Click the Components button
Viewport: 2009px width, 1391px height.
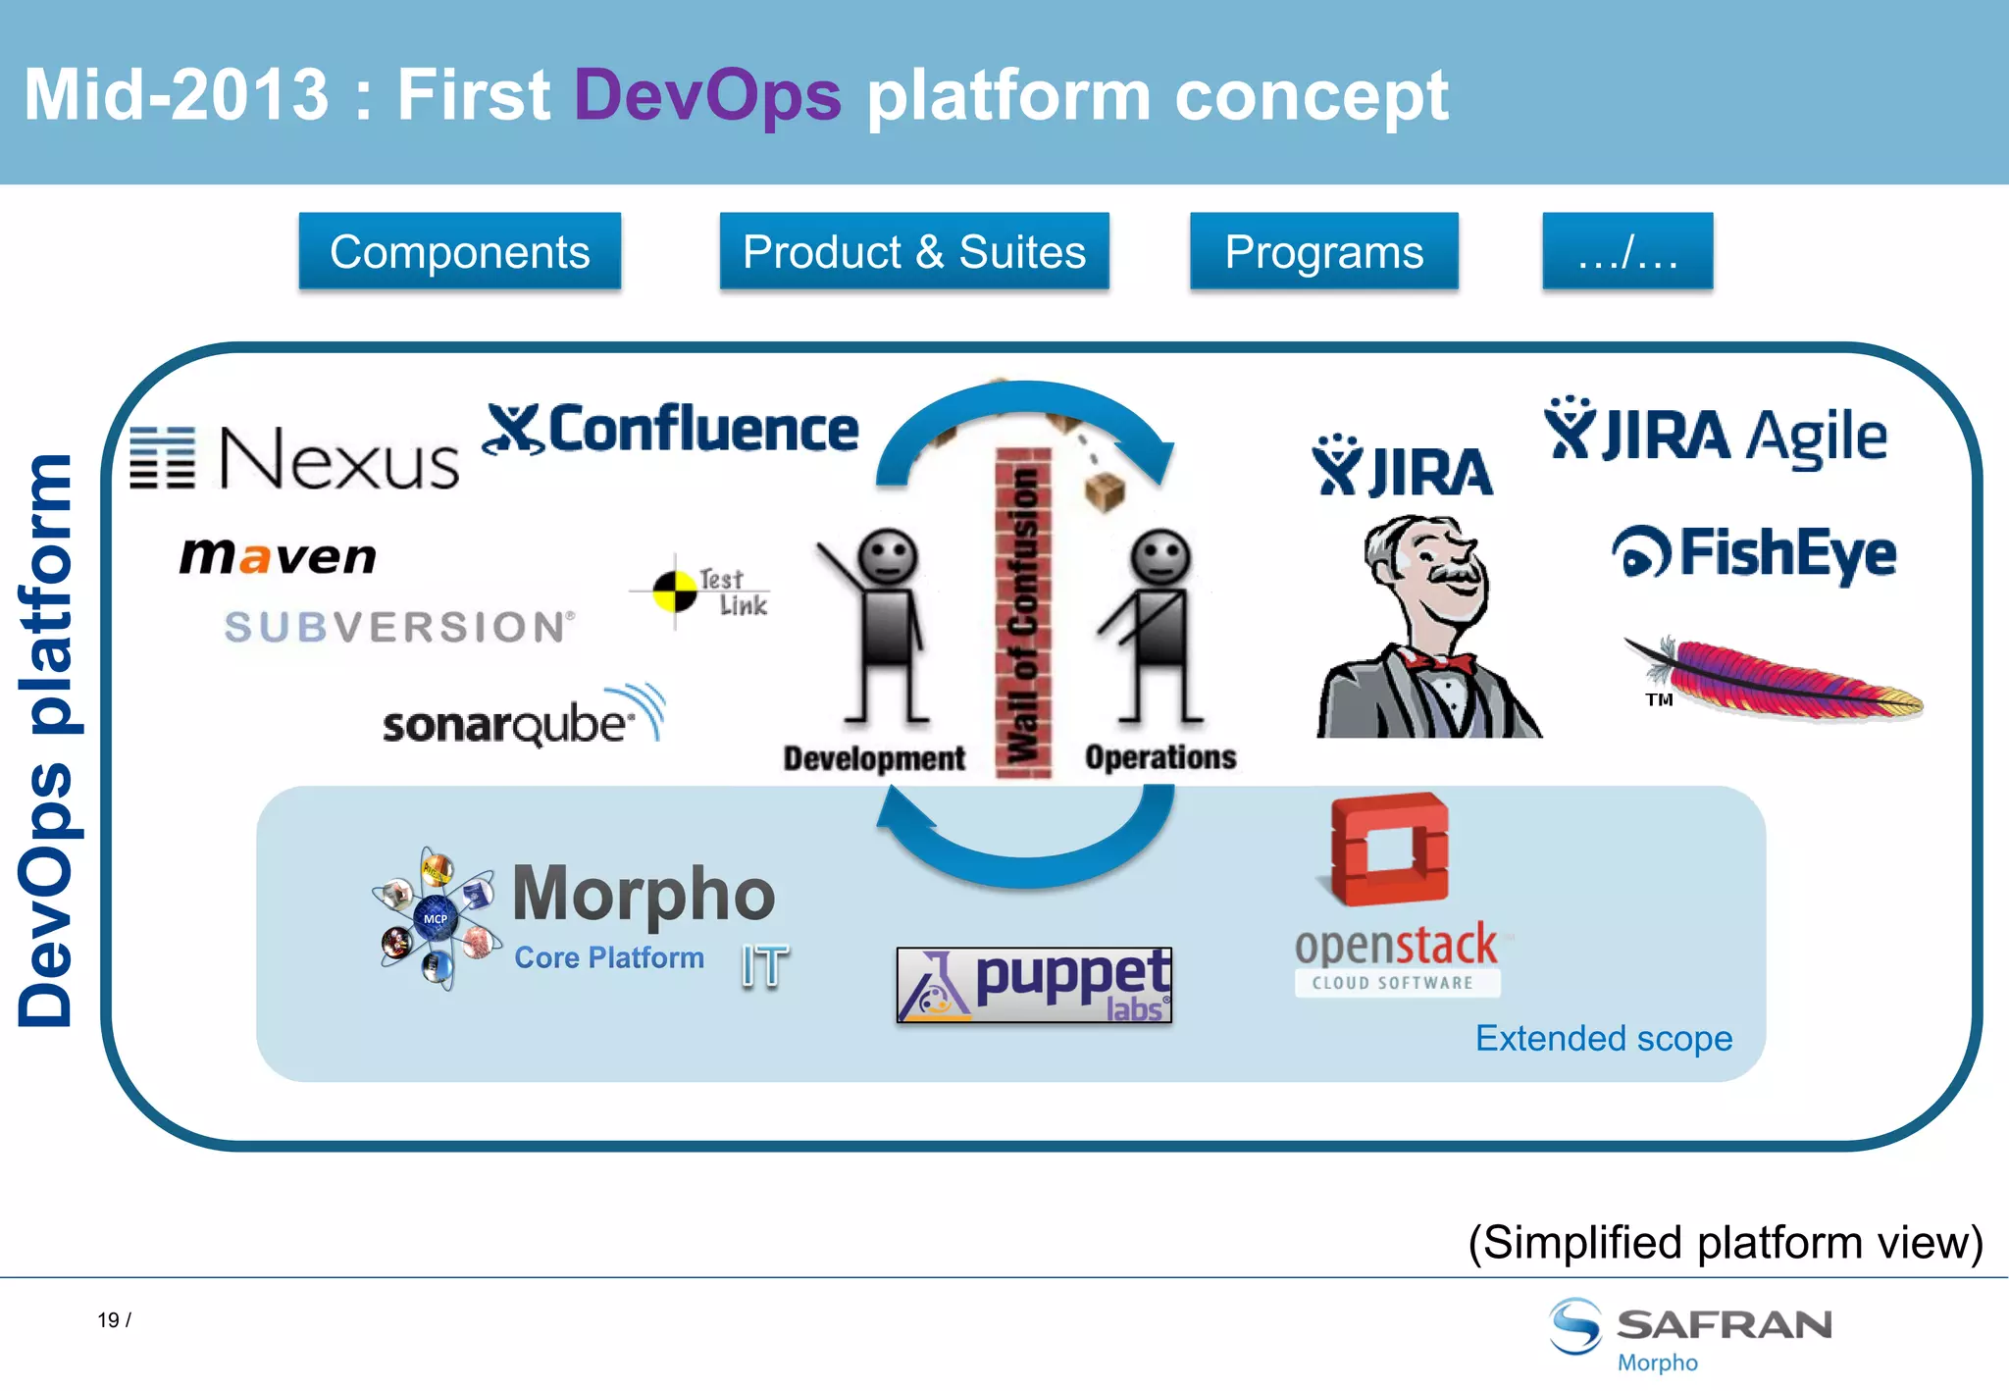point(459,251)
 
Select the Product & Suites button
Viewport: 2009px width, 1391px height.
point(913,251)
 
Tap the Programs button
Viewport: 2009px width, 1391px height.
point(1323,251)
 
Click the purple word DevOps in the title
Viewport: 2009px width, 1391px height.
point(706,95)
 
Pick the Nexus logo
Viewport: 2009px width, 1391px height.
point(294,458)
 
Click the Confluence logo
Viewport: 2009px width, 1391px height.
point(671,430)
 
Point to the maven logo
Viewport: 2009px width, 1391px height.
point(278,556)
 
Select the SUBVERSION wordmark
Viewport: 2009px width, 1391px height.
point(398,627)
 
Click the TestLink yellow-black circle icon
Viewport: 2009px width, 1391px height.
point(675,591)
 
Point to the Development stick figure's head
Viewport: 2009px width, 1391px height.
point(887,556)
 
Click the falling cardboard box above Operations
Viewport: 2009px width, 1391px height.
point(1105,490)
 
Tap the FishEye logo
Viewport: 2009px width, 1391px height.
point(1754,553)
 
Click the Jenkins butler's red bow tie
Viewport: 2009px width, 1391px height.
point(1439,663)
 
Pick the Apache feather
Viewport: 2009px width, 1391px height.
point(1776,677)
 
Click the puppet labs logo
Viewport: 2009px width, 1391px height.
point(1034,984)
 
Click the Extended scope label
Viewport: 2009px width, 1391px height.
point(1604,1038)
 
